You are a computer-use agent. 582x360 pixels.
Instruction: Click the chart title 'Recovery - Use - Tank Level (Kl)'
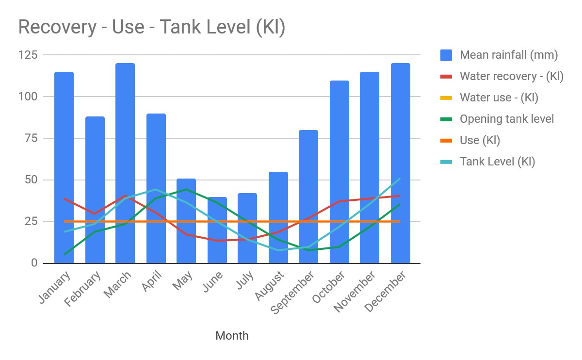[x=151, y=27]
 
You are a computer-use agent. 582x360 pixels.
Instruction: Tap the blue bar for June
[x=217, y=230]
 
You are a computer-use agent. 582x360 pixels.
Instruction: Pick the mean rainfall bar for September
[x=308, y=196]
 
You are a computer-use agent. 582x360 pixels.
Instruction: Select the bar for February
[x=95, y=190]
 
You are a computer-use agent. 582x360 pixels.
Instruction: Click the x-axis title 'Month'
[x=232, y=336]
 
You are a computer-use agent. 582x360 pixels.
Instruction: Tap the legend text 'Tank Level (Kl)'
[x=497, y=162]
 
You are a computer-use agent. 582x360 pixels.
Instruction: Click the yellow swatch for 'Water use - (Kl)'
[x=446, y=98]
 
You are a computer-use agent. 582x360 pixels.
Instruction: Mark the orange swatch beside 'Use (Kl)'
[x=446, y=140]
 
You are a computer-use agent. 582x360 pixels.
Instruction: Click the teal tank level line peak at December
[x=400, y=179]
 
